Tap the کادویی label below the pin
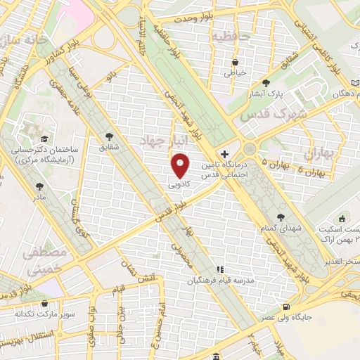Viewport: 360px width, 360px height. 179,184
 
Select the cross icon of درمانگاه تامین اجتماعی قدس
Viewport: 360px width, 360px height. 224,153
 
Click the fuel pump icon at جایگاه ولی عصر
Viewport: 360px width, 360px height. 285,307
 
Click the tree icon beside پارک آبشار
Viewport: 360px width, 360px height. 266,82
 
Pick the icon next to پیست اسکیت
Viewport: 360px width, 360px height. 342,219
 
